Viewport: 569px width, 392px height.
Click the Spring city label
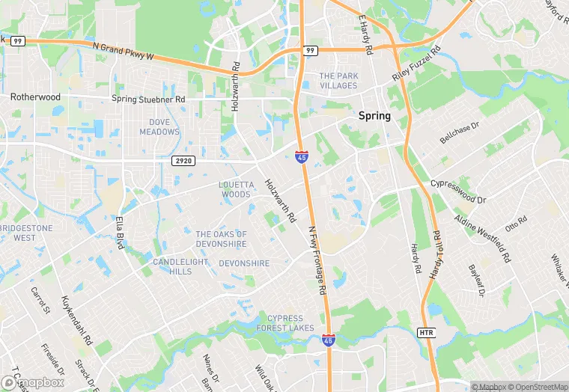tap(374, 116)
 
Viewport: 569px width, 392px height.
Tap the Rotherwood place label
tap(35, 97)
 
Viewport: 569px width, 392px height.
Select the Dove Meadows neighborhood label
tap(159, 126)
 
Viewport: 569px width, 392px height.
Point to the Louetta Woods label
tap(234, 189)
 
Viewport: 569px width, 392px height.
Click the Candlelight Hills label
tap(172, 266)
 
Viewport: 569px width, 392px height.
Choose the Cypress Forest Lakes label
tap(285, 323)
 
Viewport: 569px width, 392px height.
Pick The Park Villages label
tap(338, 81)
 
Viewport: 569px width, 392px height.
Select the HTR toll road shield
tap(426, 331)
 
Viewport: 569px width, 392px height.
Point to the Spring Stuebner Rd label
tap(148, 99)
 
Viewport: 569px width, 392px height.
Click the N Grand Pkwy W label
tap(124, 55)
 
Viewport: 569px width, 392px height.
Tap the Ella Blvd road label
tap(119, 233)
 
